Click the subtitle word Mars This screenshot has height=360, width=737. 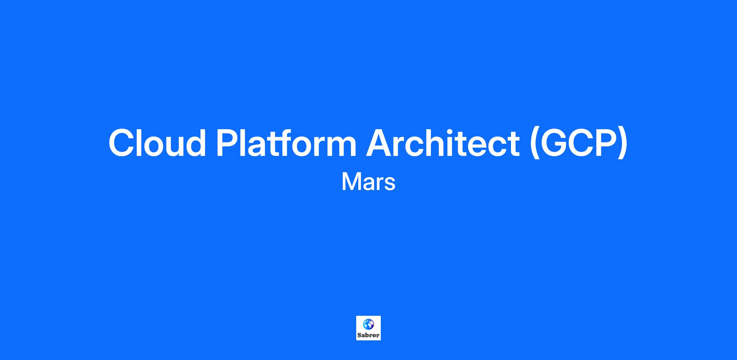tap(368, 182)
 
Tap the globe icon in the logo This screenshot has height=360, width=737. tap(368, 324)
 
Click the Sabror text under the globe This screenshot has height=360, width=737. tap(368, 335)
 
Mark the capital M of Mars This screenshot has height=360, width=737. tap(351, 182)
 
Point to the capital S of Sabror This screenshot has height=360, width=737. tap(359, 335)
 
